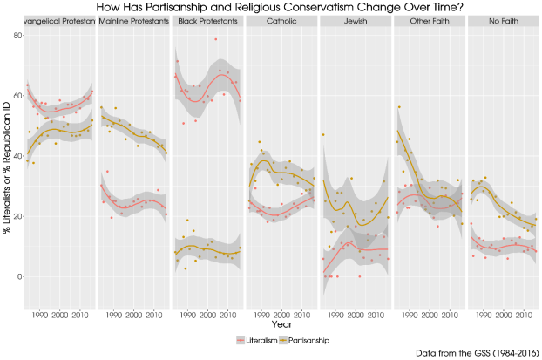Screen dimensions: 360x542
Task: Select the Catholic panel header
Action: click(281, 20)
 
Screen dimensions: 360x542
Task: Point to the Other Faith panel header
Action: click(429, 20)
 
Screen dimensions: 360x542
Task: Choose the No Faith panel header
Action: click(503, 20)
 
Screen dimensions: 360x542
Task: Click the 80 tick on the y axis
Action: click(17, 36)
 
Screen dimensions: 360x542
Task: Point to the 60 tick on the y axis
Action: click(17, 96)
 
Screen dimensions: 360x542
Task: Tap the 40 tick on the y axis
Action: click(17, 156)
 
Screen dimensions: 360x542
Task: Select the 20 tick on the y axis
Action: click(17, 216)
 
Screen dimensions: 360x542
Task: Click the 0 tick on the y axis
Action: click(20, 276)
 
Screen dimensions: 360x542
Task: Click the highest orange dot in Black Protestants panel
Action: click(215, 39)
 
